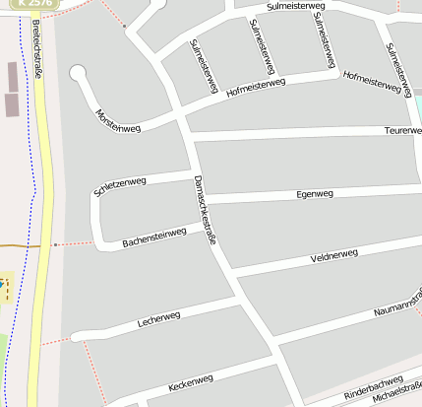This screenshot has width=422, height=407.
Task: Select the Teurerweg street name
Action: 402,130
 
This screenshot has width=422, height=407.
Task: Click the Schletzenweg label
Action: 119,186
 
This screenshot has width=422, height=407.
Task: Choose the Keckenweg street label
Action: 191,380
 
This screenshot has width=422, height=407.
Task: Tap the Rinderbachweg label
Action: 374,387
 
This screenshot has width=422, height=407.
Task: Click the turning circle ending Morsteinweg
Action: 78,73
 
